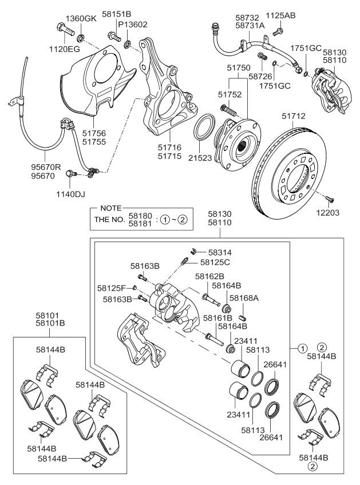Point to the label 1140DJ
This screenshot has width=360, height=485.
click(x=70, y=194)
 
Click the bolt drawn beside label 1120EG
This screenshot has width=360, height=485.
click(x=62, y=27)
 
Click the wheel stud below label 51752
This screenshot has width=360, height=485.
click(x=228, y=108)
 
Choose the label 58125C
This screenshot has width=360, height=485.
click(x=215, y=262)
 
